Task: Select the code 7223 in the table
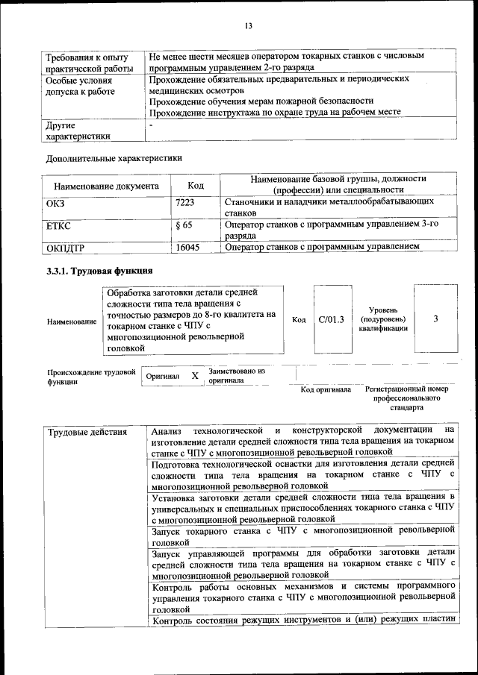184,202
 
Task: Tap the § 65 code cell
184,225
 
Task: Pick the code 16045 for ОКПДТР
187,246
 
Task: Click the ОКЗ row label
57,202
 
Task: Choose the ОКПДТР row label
66,247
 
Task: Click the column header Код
196,185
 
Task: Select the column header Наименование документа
106,186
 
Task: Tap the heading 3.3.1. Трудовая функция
100,271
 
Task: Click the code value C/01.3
331,319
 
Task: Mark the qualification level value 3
435,318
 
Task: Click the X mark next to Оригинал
195,376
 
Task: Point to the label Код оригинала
326,389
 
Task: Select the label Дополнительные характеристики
114,157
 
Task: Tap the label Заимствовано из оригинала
237,375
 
